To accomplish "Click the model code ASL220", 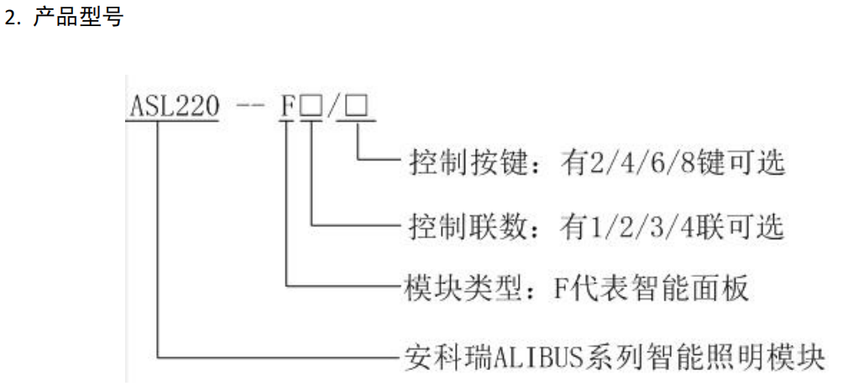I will click(172, 111).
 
